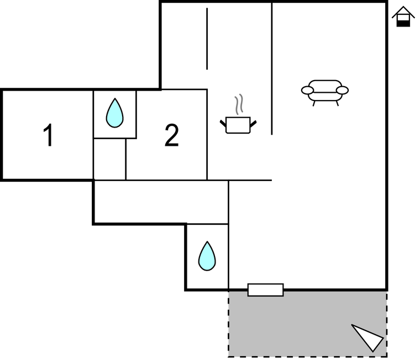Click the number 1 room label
48,135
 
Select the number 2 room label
171,135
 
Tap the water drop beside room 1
114,113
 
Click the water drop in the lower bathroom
207,256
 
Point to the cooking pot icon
238,125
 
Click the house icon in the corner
403,17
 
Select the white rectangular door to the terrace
265,290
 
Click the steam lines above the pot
239,104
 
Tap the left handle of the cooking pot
223,123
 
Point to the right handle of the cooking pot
254,123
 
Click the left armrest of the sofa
307,91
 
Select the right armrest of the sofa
342,91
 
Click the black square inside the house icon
403,24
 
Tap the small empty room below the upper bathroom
109,159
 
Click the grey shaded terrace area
307,324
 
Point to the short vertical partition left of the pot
207,39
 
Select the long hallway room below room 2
161,202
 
